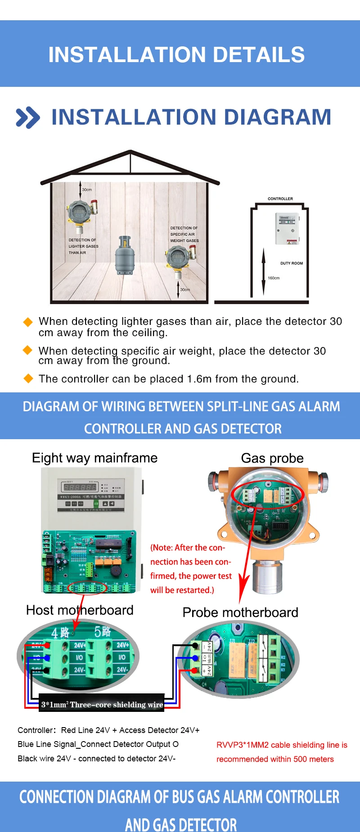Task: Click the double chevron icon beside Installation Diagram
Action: point(27,118)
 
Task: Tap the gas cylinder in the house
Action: point(125,256)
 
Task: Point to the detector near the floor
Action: point(179,260)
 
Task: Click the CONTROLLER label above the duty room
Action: point(280,198)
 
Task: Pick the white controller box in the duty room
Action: point(287,228)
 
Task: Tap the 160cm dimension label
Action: point(274,278)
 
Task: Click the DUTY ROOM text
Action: point(292,263)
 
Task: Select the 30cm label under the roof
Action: point(87,190)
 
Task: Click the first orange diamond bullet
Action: point(28,322)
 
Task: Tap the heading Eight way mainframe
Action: point(94,458)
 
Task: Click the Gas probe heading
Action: point(272,458)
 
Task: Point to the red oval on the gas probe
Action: point(268,494)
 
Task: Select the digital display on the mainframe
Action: point(80,487)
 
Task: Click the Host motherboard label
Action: point(80,610)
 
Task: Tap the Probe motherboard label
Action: point(240,612)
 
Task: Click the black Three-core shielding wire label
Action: point(102,705)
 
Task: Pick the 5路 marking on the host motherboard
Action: point(103,632)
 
